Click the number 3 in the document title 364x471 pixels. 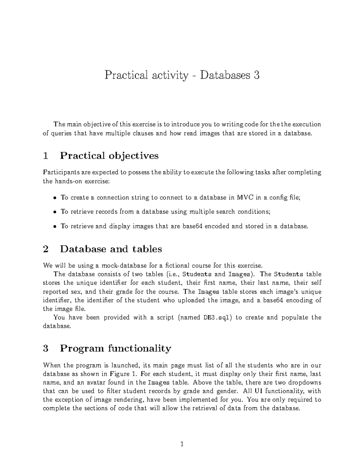click(x=257, y=75)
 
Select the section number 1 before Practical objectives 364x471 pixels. click(x=46, y=156)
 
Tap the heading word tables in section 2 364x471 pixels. click(x=147, y=249)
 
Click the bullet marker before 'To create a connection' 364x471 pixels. click(x=55, y=198)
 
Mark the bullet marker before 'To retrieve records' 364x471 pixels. click(x=55, y=212)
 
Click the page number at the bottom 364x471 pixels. click(x=182, y=444)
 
